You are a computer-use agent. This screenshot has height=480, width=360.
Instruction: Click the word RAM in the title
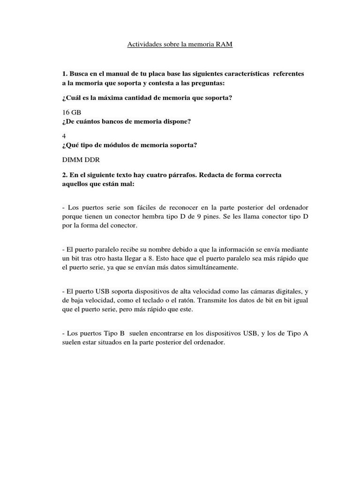coord(225,45)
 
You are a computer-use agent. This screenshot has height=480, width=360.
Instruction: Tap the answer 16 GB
coord(71,113)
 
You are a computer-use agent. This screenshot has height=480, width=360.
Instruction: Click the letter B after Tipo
coord(122,333)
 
